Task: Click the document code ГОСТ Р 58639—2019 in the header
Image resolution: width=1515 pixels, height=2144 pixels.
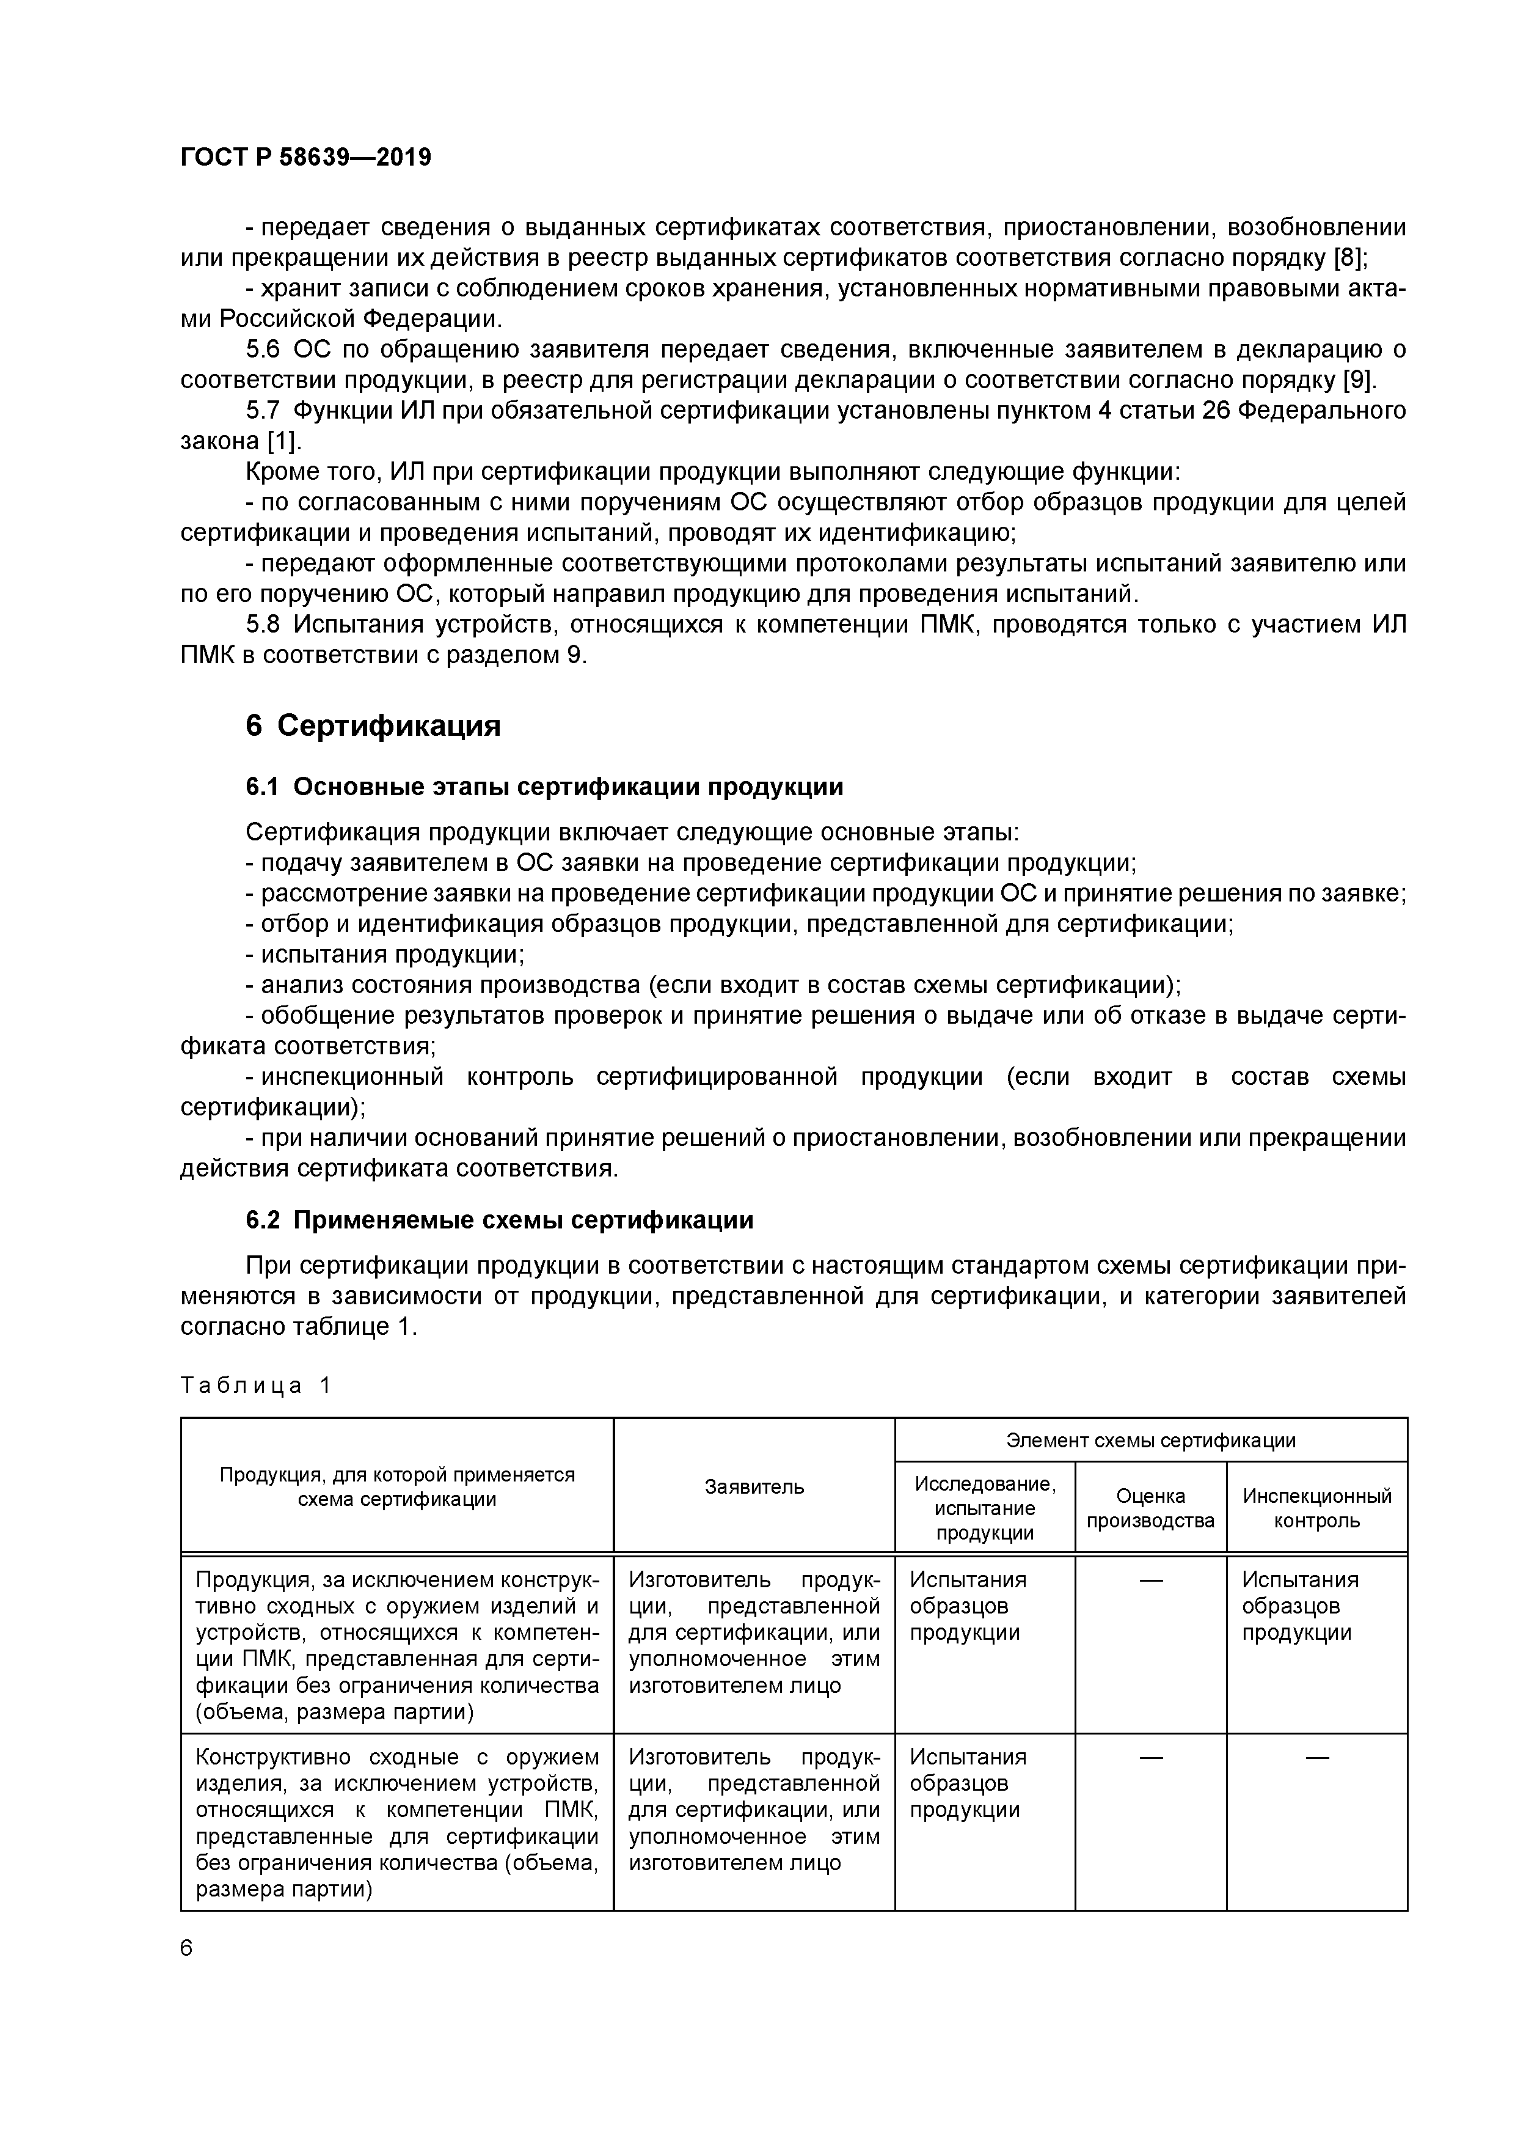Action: click(305, 157)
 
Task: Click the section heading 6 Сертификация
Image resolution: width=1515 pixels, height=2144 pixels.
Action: click(373, 725)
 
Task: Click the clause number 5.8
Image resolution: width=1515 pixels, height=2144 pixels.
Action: click(263, 624)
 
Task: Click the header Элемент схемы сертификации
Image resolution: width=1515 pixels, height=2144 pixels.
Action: click(1150, 1440)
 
